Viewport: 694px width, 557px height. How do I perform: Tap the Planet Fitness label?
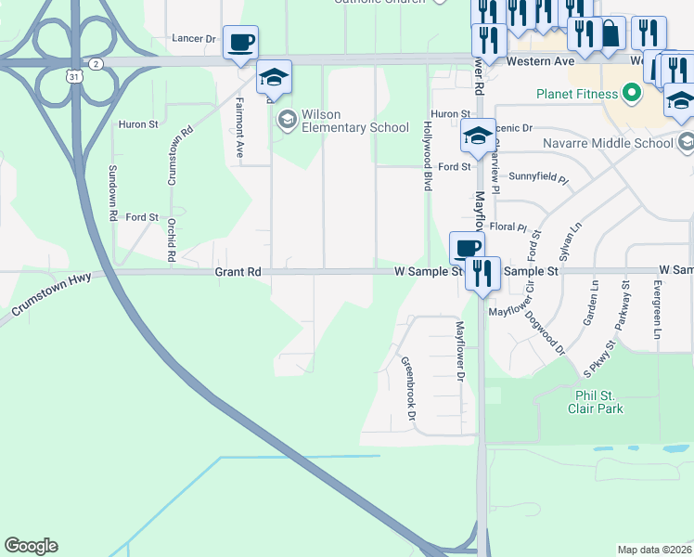click(577, 94)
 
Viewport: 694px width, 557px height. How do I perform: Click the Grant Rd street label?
click(238, 272)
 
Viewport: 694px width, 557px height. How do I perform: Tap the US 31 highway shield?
click(73, 77)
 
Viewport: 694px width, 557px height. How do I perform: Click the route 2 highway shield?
click(96, 63)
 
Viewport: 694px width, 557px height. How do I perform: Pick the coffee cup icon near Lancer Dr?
click(240, 43)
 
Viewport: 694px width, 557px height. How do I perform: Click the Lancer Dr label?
click(194, 39)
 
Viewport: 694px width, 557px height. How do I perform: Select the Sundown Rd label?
click(112, 191)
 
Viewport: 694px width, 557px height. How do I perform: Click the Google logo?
click(31, 546)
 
